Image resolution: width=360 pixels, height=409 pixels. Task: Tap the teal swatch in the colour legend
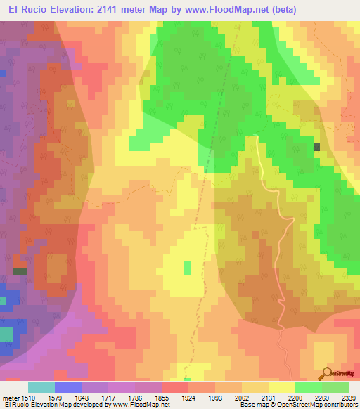pos(41,387)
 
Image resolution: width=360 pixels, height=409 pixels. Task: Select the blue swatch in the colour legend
pos(68,387)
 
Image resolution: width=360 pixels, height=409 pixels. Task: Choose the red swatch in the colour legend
pos(175,387)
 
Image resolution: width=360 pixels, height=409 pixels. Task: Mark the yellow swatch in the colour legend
pos(282,387)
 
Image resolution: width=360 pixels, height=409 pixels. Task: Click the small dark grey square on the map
pos(316,147)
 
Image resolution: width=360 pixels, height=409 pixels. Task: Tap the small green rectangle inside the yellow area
pos(187,268)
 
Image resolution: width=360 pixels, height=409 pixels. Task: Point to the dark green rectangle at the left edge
pos(20,271)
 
